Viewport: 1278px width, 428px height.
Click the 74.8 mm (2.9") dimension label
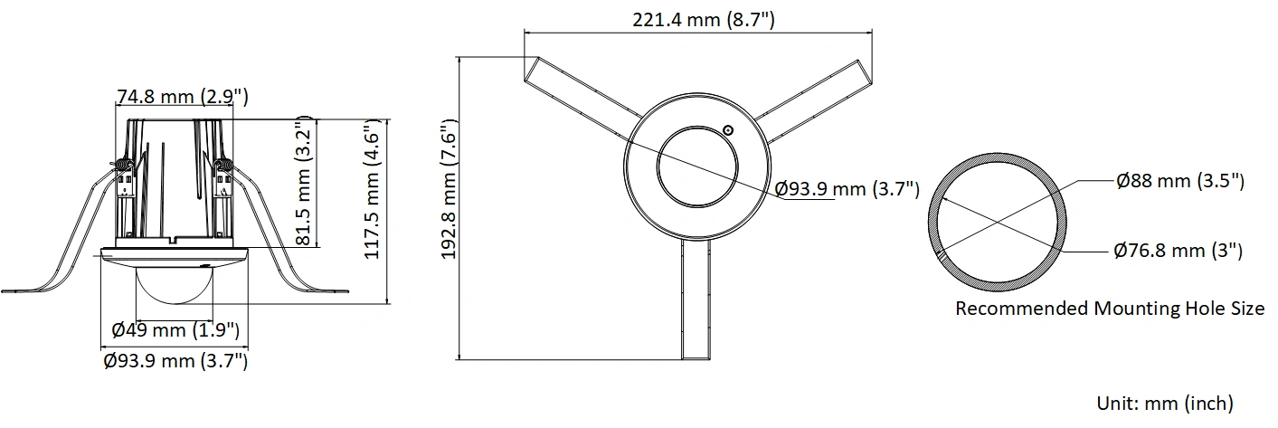[x=183, y=97]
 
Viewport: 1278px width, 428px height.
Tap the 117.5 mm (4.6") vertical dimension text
[x=373, y=189]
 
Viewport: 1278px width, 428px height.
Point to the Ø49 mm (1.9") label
[x=175, y=330]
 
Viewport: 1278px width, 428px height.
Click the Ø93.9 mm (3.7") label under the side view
[x=175, y=361]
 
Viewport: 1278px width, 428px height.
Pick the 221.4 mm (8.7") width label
[x=704, y=19]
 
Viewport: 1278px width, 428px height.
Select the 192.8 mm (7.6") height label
[x=450, y=189]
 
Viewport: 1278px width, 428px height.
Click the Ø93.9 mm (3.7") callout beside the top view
[x=847, y=189]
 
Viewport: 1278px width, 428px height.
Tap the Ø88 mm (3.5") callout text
[x=1180, y=181]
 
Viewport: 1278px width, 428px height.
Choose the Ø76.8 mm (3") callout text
[x=1178, y=251]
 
